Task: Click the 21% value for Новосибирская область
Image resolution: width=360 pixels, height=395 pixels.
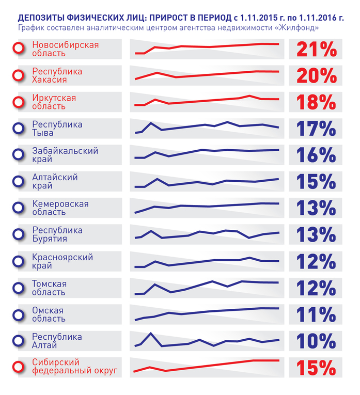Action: (316, 49)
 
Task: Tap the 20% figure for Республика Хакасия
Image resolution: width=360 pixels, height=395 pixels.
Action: (316, 76)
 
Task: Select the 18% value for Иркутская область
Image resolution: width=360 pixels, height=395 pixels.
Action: (316, 102)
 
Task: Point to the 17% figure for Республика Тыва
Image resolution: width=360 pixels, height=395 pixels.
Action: (316, 129)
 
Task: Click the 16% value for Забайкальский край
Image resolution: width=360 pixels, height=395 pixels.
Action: (316, 155)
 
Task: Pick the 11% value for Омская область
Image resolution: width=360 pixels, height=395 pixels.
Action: (316, 314)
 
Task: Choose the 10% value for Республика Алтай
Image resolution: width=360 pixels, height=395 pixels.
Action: (316, 341)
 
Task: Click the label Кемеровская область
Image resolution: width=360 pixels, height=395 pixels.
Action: (60, 208)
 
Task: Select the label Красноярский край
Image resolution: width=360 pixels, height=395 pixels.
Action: (62, 261)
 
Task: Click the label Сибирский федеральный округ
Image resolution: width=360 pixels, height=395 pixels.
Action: (74, 367)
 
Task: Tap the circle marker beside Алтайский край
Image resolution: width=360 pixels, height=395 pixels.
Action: (19, 181)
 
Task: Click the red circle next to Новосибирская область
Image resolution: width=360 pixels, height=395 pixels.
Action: (19, 49)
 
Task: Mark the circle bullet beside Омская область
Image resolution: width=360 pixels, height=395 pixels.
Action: (19, 314)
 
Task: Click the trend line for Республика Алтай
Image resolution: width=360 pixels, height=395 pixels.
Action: (207, 342)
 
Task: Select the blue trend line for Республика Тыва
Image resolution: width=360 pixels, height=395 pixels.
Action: (207, 125)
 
